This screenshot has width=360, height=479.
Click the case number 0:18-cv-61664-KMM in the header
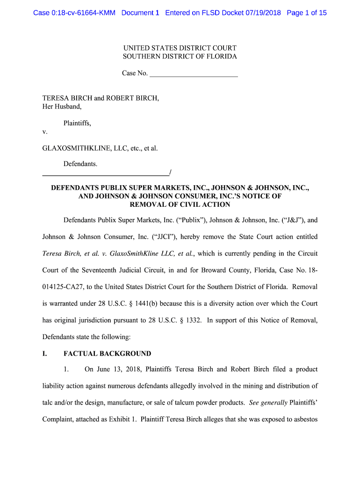coord(74,13)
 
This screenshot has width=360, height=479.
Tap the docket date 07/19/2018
coord(263,13)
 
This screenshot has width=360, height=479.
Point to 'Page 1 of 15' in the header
coord(307,13)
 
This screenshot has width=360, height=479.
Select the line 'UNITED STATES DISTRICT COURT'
coord(180,48)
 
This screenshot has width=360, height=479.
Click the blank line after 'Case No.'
coord(194,73)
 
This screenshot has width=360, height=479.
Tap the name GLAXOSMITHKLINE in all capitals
coord(76,148)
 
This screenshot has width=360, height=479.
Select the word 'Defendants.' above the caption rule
coord(80,164)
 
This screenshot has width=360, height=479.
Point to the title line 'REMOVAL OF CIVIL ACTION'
coord(180,204)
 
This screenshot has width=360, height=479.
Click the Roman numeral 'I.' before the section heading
coord(45,354)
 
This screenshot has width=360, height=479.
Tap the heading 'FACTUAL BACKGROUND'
coord(107,354)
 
